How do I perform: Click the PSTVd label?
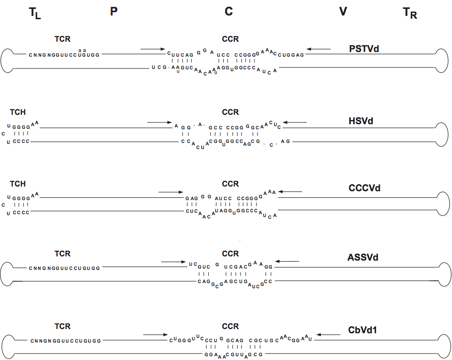coord(364,48)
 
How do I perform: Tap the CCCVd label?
coord(364,188)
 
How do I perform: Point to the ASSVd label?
coord(363,257)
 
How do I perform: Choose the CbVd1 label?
coord(363,330)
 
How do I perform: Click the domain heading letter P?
coord(114,12)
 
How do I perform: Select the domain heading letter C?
coord(228,12)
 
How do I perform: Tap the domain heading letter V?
coord(343,12)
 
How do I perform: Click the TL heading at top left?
coord(35,14)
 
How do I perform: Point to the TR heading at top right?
coord(410,14)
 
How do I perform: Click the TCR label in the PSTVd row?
coord(62,39)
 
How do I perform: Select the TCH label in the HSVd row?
coord(18,112)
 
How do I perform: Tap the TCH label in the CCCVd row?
coord(18,184)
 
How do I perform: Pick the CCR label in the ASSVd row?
coord(230,254)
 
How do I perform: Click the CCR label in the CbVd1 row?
coord(230,326)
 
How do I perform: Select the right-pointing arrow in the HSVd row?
coord(160,122)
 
